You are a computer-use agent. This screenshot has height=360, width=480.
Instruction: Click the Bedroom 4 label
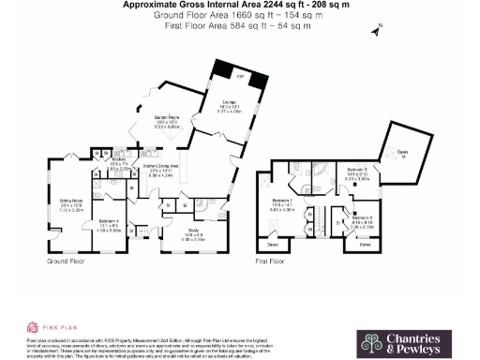pos(109,225)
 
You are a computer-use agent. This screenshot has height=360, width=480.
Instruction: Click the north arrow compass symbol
pos(376,31)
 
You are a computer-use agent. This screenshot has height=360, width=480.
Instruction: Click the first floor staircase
pos(315,221)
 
